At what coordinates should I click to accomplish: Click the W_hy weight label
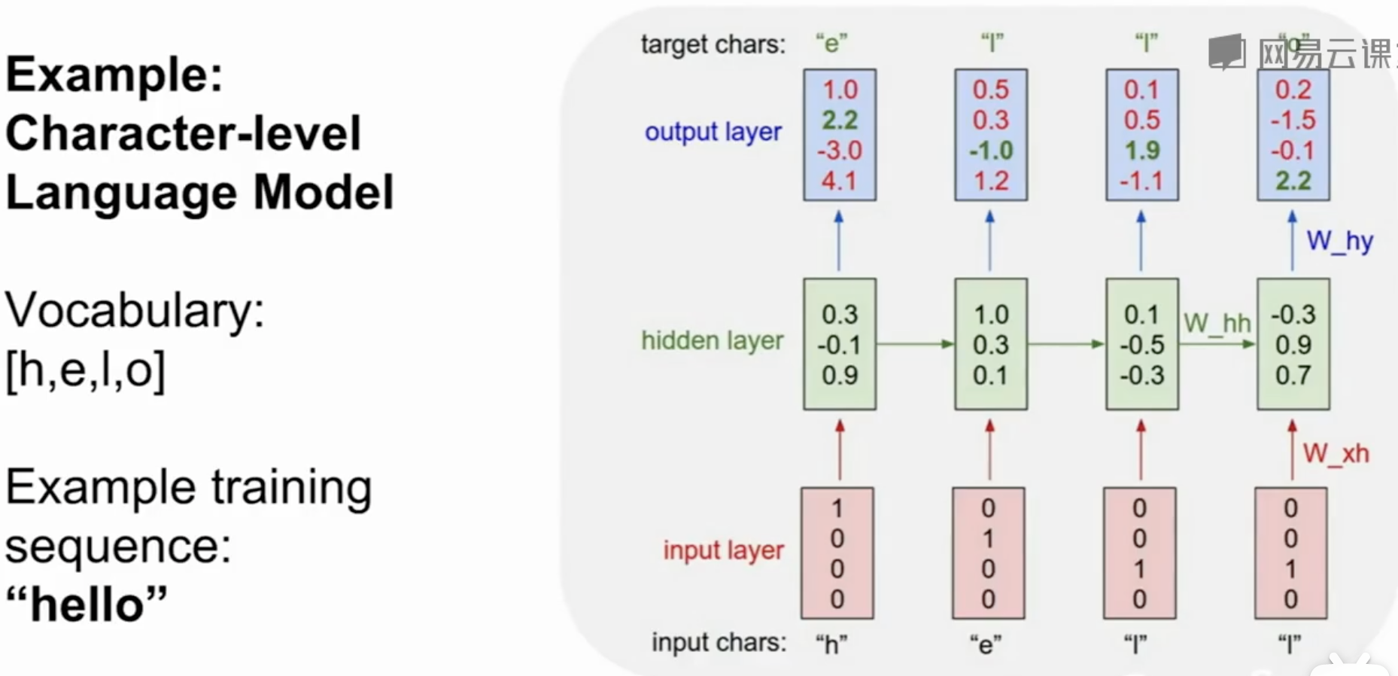coord(1339,242)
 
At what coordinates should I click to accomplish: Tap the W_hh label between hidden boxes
coord(1217,324)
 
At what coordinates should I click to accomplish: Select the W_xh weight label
coord(1336,454)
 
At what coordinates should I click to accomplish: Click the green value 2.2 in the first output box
coord(840,120)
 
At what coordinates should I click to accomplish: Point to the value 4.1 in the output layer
coord(840,181)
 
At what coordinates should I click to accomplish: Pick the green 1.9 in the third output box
coord(1141,151)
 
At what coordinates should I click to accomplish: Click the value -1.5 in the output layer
coord(1293,120)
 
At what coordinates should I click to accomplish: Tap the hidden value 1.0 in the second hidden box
coord(991,315)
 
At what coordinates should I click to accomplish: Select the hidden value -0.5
coord(1141,345)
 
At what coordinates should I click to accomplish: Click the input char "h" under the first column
coord(831,644)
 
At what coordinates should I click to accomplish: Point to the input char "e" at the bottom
coord(985,644)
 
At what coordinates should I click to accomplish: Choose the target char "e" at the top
coord(831,44)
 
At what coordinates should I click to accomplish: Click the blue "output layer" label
coord(713,132)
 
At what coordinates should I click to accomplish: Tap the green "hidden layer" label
coord(712,341)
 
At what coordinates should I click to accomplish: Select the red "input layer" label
coord(723,550)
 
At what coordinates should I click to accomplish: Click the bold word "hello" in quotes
coord(87,604)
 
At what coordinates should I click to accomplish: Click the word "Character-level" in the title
coord(184,133)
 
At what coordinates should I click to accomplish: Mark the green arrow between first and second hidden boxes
coord(915,344)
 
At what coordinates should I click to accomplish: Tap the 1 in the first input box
coord(837,509)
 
